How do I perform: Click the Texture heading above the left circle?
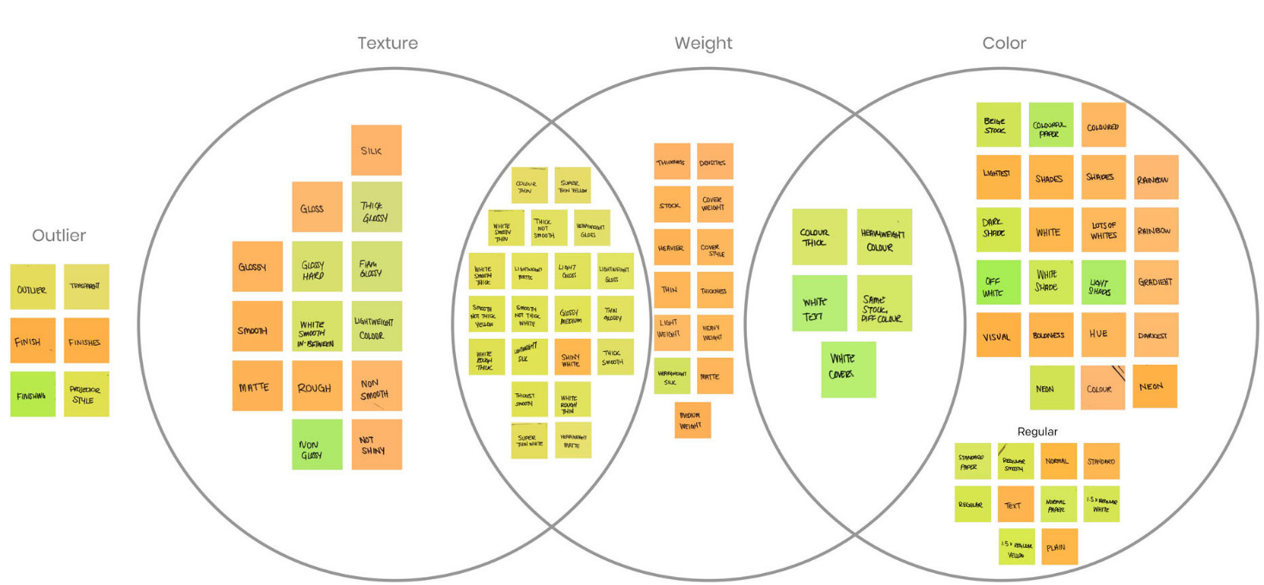(387, 43)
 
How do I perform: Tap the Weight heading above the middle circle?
(703, 43)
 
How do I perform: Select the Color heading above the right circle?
(1004, 43)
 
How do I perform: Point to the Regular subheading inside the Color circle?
(1037, 431)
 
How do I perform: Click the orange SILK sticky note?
(376, 151)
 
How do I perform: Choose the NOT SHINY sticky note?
(376, 444)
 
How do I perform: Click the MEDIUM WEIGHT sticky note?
(693, 420)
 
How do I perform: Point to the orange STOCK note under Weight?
(671, 205)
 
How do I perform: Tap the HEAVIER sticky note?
(671, 247)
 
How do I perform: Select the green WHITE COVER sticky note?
(848, 369)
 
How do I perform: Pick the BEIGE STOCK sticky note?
(998, 125)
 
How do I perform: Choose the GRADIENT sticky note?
(1156, 282)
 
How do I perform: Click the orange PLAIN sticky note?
(1059, 546)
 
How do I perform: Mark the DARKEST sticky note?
(1156, 335)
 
